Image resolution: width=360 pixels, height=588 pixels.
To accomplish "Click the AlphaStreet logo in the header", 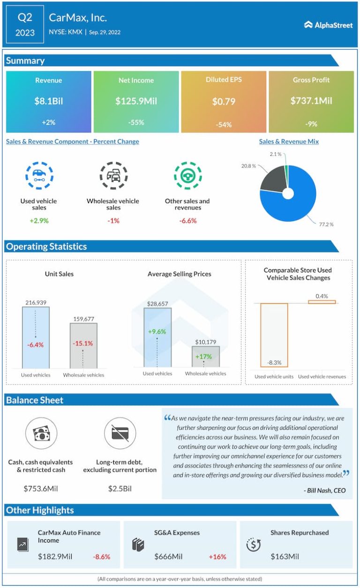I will (x=328, y=25).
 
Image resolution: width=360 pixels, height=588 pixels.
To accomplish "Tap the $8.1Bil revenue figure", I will (x=48, y=101).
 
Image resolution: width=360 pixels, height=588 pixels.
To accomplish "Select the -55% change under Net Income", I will (x=136, y=123).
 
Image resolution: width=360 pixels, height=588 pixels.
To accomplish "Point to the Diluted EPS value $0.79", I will (x=224, y=101).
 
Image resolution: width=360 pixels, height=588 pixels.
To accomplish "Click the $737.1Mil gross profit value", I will (x=311, y=101).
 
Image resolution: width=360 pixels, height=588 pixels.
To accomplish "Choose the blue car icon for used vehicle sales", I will (x=39, y=175).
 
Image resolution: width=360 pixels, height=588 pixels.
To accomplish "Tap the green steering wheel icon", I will (x=187, y=175).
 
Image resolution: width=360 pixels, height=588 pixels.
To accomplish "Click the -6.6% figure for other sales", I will (x=187, y=220).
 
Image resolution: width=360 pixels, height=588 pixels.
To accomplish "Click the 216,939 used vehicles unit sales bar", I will (x=36, y=337).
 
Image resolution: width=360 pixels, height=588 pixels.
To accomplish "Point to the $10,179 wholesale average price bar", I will (x=205, y=356).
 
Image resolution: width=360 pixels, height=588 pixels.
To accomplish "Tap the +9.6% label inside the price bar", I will (x=157, y=332).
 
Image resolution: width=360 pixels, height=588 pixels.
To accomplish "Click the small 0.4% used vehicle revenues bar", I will (x=322, y=302).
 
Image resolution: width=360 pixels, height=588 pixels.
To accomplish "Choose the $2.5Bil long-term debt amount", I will (x=120, y=489).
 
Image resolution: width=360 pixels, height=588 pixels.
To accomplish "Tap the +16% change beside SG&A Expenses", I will (x=217, y=557).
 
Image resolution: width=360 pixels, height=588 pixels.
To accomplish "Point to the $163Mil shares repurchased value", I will (x=285, y=557).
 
